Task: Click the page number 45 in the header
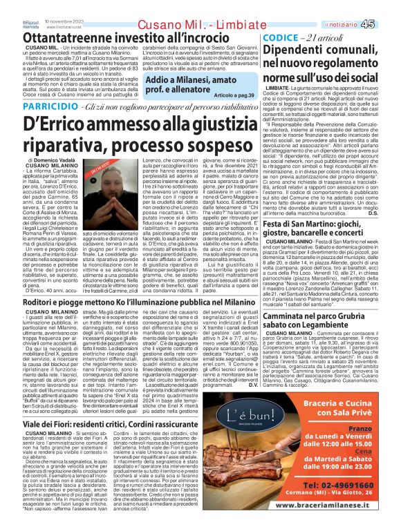pyautogui.click(x=386, y=6)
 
